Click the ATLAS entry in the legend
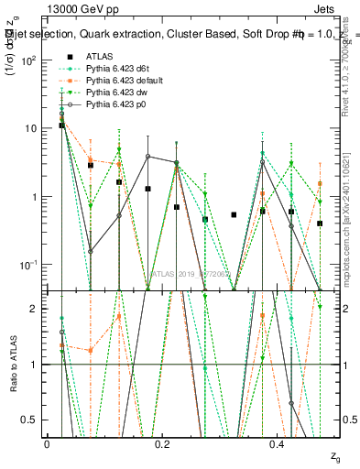97,56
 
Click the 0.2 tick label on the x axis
162,444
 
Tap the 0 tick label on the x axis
47,444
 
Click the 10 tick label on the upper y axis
31,128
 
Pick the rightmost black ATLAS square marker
320,224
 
